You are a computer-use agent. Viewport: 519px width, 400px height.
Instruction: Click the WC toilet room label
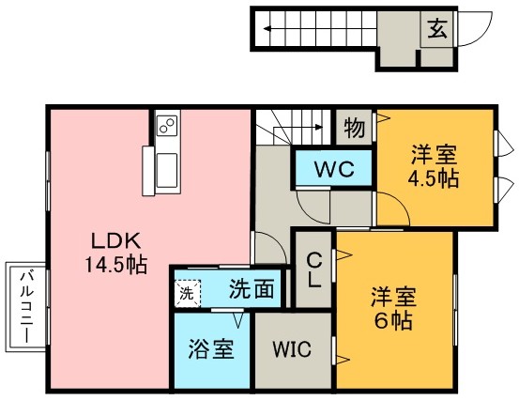[x=333, y=171]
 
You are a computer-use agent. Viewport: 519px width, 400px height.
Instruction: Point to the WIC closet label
[x=291, y=349]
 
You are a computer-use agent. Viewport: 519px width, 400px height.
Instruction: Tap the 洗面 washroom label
[x=251, y=289]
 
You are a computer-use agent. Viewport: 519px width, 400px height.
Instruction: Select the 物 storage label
[x=353, y=126]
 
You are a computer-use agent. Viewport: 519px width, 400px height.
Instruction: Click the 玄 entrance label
[x=438, y=27]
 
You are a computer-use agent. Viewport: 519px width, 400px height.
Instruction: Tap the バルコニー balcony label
[x=25, y=306]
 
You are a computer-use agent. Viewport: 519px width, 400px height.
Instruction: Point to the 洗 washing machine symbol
[x=186, y=293]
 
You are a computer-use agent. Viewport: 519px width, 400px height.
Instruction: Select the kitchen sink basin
[x=169, y=170]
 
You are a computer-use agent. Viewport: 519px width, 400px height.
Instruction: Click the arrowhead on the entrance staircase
[x=269, y=28]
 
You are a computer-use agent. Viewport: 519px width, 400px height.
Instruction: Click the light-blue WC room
[x=333, y=171]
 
